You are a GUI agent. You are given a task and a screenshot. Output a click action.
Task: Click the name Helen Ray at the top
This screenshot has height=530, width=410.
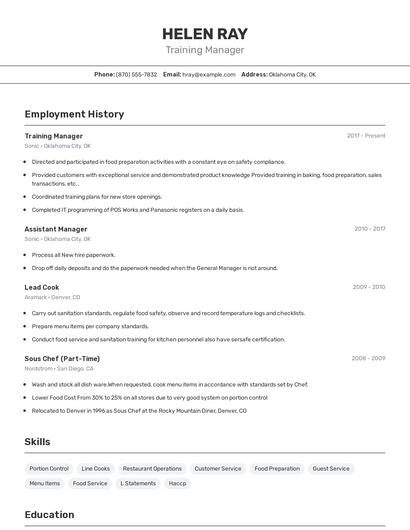(204, 33)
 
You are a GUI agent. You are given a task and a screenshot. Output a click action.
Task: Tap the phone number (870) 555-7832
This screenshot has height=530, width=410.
(136, 74)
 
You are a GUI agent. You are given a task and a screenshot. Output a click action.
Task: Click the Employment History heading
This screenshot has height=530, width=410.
(74, 114)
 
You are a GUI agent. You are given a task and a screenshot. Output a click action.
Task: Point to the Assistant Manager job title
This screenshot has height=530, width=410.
(56, 229)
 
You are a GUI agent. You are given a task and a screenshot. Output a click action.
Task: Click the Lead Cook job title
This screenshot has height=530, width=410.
(42, 287)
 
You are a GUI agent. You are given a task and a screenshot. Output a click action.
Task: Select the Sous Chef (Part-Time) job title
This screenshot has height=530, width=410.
(62, 358)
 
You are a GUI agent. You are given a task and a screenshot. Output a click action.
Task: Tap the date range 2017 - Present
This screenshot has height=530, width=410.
(366, 136)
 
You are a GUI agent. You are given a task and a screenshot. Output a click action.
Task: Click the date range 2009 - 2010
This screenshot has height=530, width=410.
(368, 287)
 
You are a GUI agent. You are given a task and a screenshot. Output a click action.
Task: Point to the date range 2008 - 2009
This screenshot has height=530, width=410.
(368, 358)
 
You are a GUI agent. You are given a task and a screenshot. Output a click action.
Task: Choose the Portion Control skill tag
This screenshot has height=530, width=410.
(49, 468)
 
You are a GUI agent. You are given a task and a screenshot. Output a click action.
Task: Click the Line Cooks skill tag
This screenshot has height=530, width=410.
(95, 468)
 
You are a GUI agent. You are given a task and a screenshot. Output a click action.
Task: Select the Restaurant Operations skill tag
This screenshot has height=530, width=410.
(152, 468)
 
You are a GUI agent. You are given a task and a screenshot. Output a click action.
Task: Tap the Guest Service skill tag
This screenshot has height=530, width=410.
(331, 468)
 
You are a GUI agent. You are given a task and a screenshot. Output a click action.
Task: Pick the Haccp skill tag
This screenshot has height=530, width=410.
(177, 483)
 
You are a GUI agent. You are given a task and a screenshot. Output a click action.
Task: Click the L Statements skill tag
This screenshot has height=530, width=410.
(138, 483)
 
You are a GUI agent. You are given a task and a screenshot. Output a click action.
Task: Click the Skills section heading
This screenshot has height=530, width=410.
(38, 441)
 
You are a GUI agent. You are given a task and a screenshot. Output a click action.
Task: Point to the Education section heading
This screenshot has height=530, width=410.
(49, 515)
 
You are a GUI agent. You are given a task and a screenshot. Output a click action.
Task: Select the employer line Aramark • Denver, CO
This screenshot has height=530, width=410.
(52, 297)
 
